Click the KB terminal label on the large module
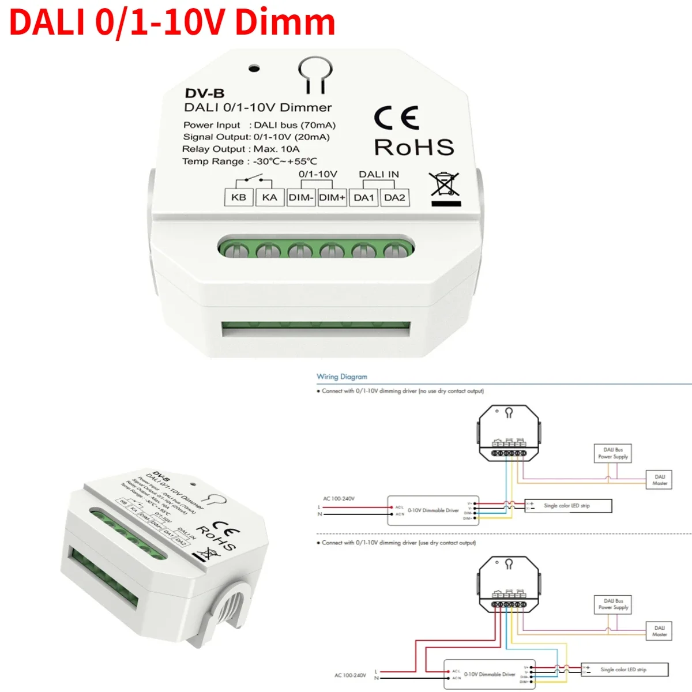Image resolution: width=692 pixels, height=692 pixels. coord(239,197)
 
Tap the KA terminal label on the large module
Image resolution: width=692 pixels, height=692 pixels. coord(269,197)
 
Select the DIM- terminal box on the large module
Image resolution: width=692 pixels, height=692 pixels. coord(300,197)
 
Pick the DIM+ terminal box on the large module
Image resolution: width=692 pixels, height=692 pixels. coord(332,197)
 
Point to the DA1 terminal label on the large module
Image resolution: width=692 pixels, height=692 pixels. coord(364,197)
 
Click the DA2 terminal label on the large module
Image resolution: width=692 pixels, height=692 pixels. coord(395,197)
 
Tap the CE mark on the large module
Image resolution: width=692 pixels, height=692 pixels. coord(396,118)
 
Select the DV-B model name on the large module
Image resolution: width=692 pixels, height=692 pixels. coord(205,93)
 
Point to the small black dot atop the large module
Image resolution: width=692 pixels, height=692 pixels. coord(254,69)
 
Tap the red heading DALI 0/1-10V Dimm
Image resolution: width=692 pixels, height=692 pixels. coord(172,22)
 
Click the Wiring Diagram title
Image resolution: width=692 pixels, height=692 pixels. coord(342,377)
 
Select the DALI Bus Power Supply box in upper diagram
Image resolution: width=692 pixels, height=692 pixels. coord(613,453)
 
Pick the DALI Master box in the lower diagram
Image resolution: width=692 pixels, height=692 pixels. coord(660,631)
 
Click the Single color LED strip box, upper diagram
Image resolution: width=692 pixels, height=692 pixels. coord(567,506)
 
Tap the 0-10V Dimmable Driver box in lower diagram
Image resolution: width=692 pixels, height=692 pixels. coord(489,674)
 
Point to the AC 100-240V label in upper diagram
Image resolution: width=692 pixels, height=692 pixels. coord(339,498)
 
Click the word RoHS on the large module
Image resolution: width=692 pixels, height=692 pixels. coord(414,148)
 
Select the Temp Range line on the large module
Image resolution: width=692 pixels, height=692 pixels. coord(250,161)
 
